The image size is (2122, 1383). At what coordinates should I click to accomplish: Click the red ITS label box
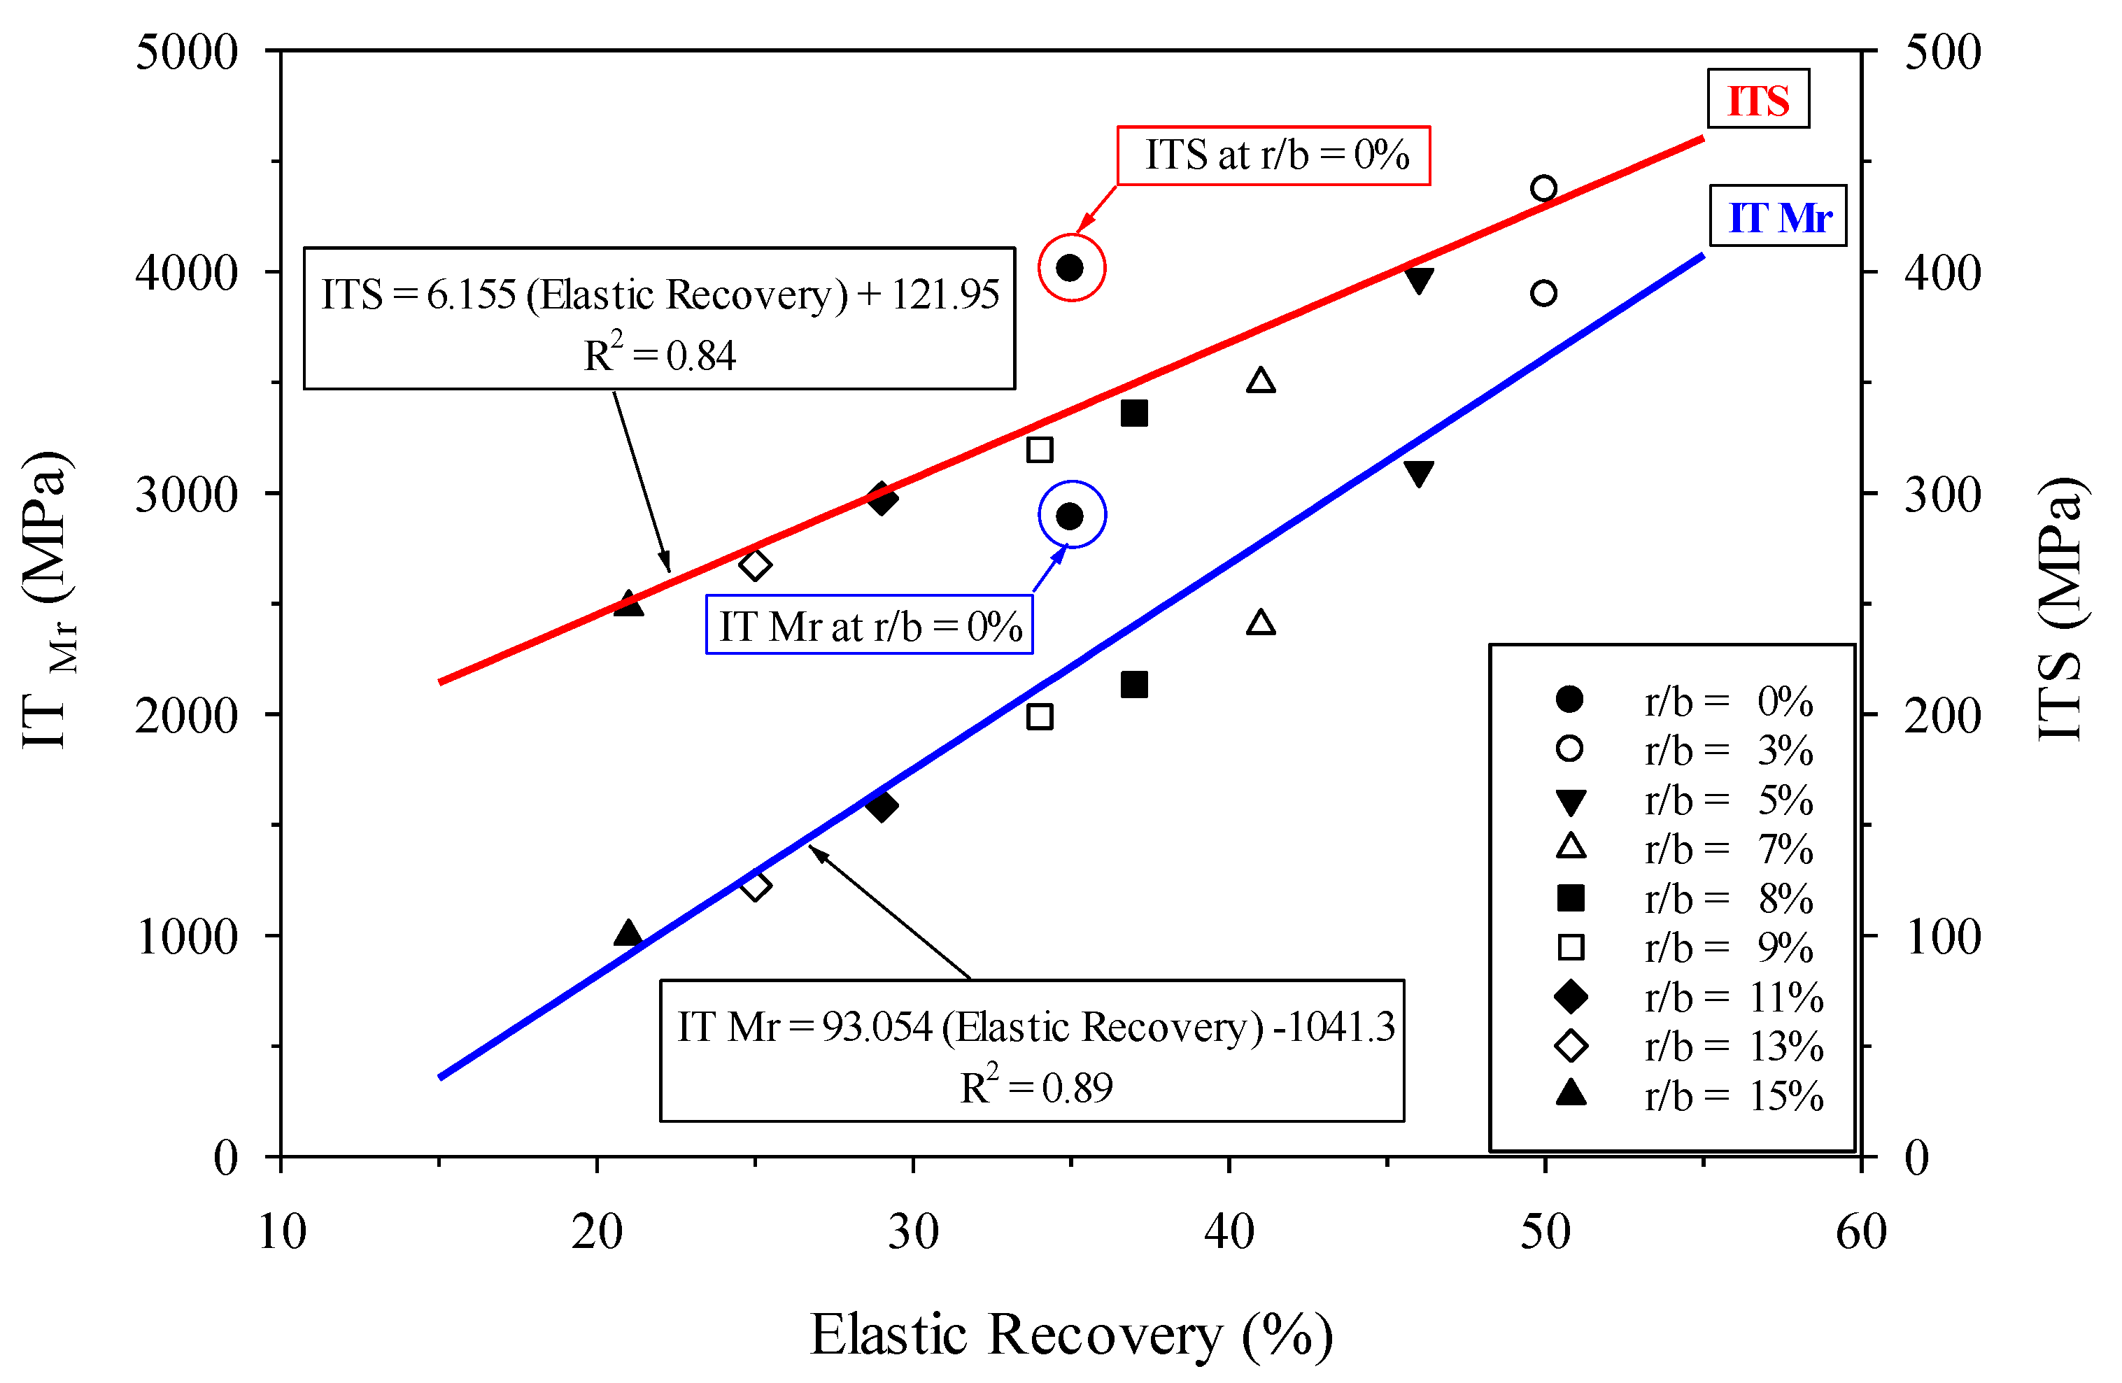coord(1757,99)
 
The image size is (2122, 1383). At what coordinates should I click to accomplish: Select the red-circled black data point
coord(1070,267)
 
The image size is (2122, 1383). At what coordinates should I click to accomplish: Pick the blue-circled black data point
coord(1070,516)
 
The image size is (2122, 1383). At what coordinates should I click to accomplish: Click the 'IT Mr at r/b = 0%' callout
coord(870,626)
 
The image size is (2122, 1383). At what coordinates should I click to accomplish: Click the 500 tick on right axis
coord(1942,52)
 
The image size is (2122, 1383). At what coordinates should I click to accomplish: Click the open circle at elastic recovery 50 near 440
coord(1544,188)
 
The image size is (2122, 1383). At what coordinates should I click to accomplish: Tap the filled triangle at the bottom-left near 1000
coord(628,932)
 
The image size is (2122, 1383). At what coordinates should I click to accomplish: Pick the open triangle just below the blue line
coord(1261,621)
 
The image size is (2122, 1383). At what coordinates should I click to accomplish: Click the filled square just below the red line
coord(1134,413)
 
